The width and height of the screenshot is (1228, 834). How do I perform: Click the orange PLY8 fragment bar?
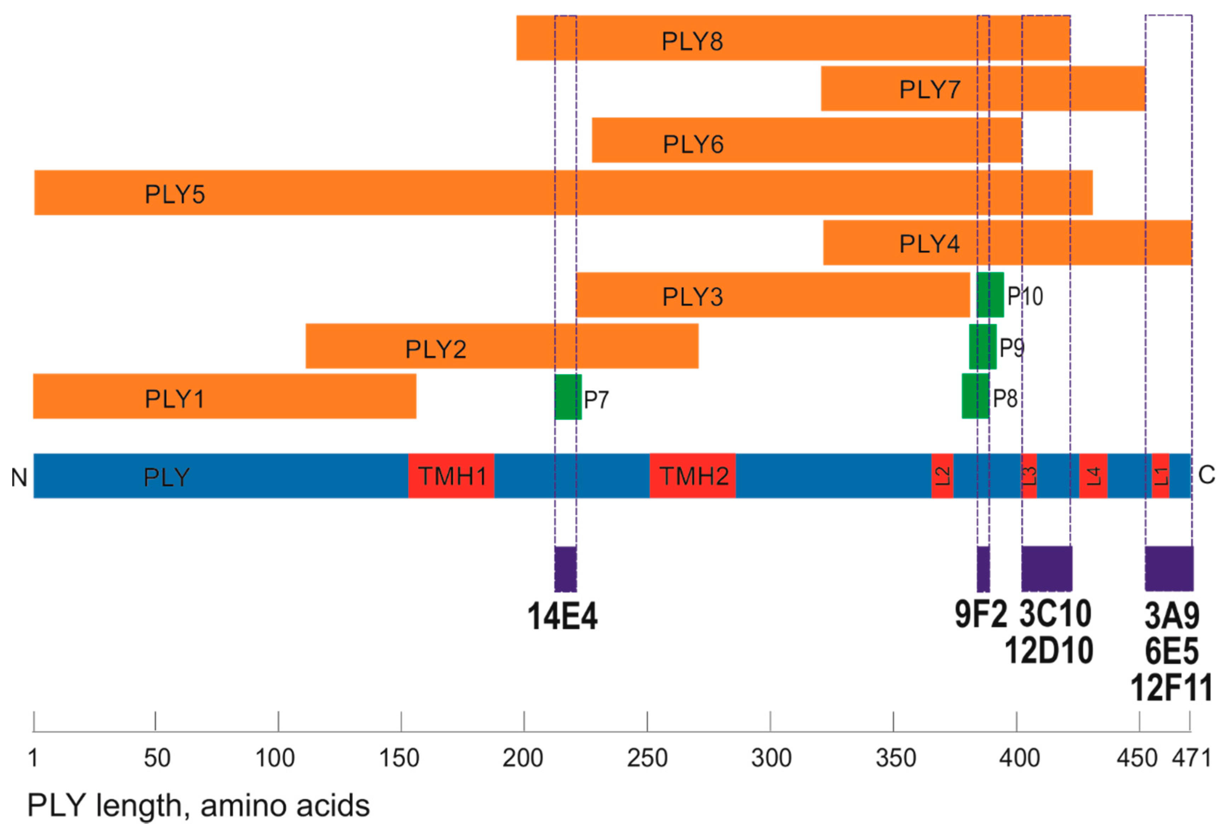pyautogui.click(x=793, y=38)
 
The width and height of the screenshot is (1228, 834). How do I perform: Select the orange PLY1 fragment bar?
pyautogui.click(x=225, y=396)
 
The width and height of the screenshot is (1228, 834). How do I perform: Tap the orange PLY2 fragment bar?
pyautogui.click(x=502, y=346)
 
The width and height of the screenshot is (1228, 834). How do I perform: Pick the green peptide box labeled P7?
pyautogui.click(x=568, y=397)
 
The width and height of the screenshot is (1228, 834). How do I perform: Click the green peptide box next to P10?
pyautogui.click(x=990, y=295)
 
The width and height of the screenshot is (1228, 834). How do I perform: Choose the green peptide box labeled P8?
pyautogui.click(x=975, y=396)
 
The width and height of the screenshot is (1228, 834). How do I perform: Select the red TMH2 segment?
pyautogui.click(x=692, y=476)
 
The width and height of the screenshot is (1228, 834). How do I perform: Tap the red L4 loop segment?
pyautogui.click(x=1093, y=476)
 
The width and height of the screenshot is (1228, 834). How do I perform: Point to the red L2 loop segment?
pyautogui.click(x=942, y=476)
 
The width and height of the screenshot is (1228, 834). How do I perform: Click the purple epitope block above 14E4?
pyautogui.click(x=566, y=569)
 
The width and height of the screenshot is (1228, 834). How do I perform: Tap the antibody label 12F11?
pyautogui.click(x=1171, y=688)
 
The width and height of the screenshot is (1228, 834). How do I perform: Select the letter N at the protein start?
pyautogui.click(x=19, y=477)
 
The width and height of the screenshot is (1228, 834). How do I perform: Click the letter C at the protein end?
pyautogui.click(x=1207, y=475)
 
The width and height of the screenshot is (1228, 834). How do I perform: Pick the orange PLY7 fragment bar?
pyautogui.click(x=983, y=89)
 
